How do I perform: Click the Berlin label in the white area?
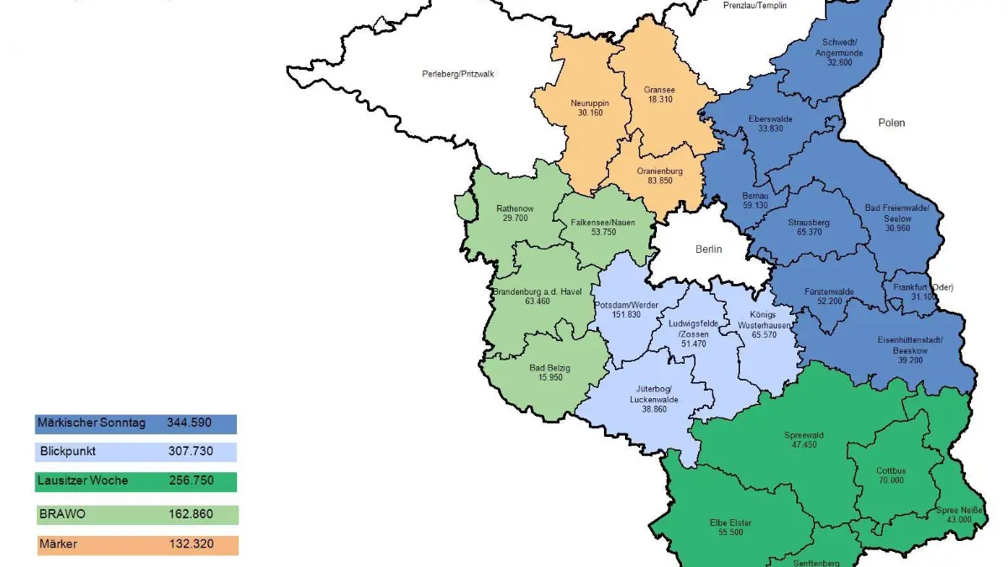pos(708,249)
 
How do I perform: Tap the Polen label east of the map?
pos(891,123)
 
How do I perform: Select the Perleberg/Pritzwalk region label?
pos(458,74)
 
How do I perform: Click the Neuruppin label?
pos(588,102)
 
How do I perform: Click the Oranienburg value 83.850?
pos(659,181)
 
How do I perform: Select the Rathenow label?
pos(514,208)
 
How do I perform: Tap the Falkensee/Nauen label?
pos(603,223)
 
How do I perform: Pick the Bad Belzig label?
pos(550,368)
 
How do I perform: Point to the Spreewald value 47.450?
pos(804,445)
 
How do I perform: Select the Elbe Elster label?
pos(730,522)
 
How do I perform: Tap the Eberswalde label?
pos(770,118)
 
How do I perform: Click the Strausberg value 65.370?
pos(809,233)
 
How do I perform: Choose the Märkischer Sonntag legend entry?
pos(92,423)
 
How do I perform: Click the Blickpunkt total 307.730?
pos(191,451)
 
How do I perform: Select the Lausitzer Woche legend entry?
pos(83,480)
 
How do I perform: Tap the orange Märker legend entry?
pos(59,544)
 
